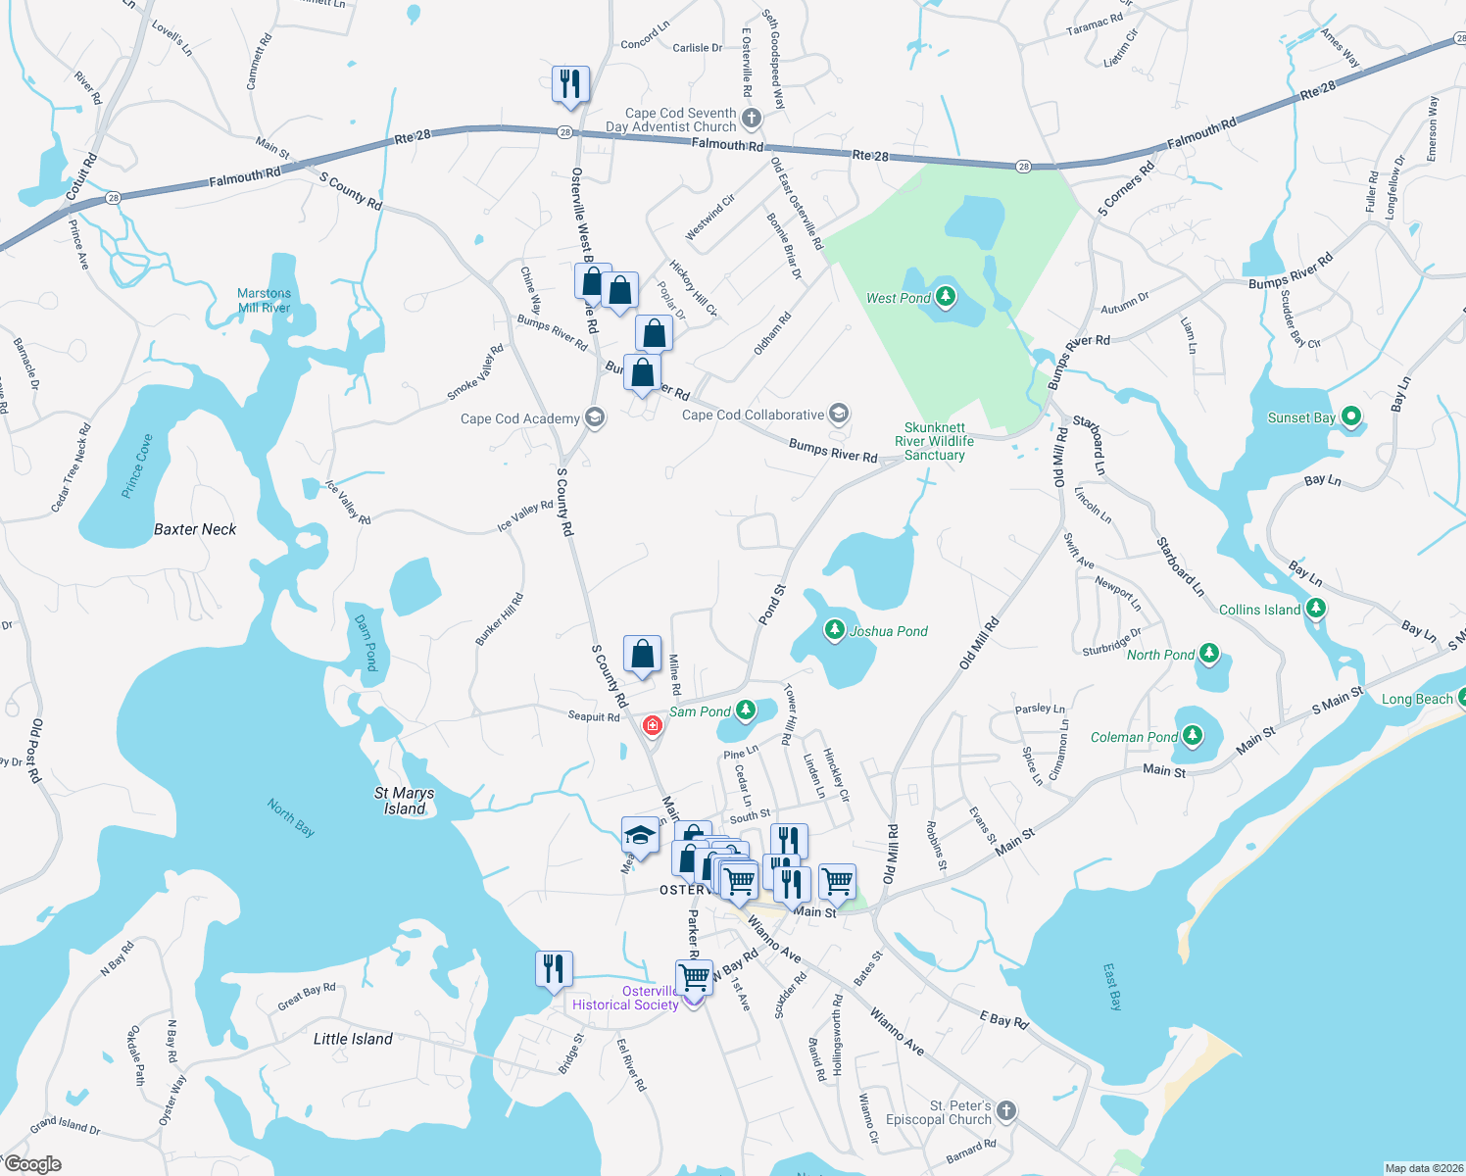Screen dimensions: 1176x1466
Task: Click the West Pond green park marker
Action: pyautogui.click(x=945, y=296)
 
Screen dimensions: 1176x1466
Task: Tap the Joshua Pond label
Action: pyautogui.click(x=888, y=631)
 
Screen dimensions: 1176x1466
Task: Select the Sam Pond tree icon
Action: pyautogui.click(x=746, y=710)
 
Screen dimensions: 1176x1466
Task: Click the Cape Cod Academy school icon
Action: pyautogui.click(x=594, y=417)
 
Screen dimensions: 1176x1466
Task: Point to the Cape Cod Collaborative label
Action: pyautogui.click(x=753, y=415)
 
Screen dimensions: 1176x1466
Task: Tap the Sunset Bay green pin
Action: pyautogui.click(x=1350, y=416)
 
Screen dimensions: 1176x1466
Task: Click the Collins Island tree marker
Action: pyautogui.click(x=1316, y=609)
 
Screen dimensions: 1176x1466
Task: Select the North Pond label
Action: pyautogui.click(x=1160, y=655)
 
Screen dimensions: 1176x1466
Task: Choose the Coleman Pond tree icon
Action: pyautogui.click(x=1192, y=735)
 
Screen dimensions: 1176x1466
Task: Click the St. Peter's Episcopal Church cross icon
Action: pyautogui.click(x=1006, y=1111)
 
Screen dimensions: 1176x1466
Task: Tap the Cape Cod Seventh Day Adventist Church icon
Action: pyautogui.click(x=752, y=119)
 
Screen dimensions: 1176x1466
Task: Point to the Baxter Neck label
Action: pyautogui.click(x=195, y=529)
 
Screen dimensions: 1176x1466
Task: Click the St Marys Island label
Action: pyautogui.click(x=404, y=801)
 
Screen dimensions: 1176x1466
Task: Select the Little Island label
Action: pyautogui.click(x=353, y=1039)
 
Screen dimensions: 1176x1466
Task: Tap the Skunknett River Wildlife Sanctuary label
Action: pyautogui.click(x=934, y=441)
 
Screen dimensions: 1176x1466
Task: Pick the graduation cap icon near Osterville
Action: pyautogui.click(x=640, y=836)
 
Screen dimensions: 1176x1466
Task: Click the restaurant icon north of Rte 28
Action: pyautogui.click(x=570, y=84)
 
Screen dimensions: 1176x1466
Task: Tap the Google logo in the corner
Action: pyautogui.click(x=33, y=1164)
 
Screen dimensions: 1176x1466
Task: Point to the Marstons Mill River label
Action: pyautogui.click(x=264, y=300)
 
